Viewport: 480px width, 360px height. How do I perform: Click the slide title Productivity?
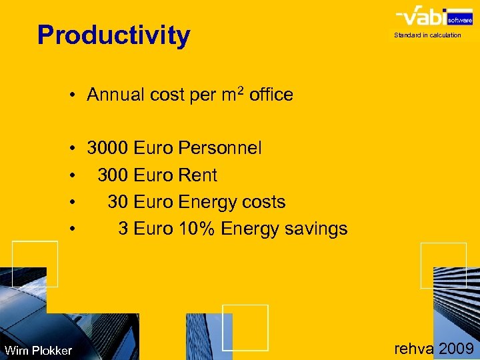113,35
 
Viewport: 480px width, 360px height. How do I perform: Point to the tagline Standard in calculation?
427,35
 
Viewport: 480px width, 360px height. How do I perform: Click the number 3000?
108,148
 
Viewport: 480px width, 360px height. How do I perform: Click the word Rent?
198,175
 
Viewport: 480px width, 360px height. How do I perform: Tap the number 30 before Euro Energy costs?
118,202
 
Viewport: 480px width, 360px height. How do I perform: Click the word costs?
263,202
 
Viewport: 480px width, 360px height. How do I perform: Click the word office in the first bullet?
271,95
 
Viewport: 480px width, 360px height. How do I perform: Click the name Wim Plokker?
38,351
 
